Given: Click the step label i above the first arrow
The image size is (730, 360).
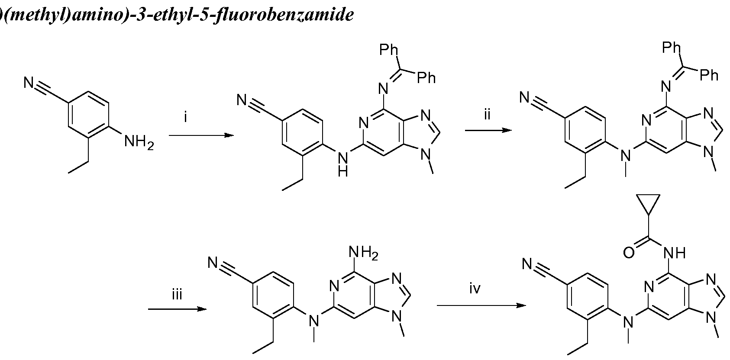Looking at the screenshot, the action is [185, 117].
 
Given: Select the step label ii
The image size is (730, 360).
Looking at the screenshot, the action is [487, 115].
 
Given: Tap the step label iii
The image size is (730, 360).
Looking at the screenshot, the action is [177, 295].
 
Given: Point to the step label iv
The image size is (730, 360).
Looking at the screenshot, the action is [475, 289].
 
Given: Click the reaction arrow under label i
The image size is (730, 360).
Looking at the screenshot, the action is [201, 135].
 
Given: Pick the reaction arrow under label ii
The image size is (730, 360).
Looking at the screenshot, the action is [488, 130].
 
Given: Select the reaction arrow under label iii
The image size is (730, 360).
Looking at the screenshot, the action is [177, 309].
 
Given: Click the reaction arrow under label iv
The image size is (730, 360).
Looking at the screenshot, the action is [481, 305].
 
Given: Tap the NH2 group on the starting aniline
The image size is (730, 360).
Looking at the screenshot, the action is [139, 142].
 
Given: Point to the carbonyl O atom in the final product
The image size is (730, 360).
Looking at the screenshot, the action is [629, 253].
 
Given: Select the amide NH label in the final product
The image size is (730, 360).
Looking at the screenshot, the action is [675, 253].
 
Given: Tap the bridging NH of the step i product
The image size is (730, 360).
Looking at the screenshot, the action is [343, 164].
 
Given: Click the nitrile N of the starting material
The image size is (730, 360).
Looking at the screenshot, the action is [29, 82].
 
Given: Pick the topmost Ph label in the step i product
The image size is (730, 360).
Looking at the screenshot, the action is [388, 50].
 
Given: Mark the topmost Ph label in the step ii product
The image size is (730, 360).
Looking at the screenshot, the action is [672, 48].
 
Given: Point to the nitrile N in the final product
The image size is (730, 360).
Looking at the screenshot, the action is [528, 264].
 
